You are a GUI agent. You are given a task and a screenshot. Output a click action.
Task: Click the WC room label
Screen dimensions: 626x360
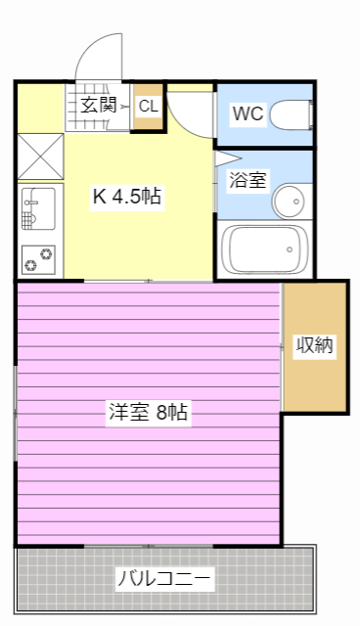247,113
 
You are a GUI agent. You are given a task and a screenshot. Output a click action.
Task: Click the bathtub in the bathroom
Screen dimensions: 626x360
261,248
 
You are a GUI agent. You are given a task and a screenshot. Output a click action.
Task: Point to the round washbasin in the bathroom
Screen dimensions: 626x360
290,203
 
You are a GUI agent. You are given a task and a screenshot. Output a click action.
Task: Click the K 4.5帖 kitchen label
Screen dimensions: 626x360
127,197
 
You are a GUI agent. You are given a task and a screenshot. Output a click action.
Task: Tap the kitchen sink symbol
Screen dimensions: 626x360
38,206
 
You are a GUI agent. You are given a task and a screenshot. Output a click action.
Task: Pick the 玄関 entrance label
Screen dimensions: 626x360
99,106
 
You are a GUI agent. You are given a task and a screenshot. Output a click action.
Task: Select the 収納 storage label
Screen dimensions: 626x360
315,345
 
